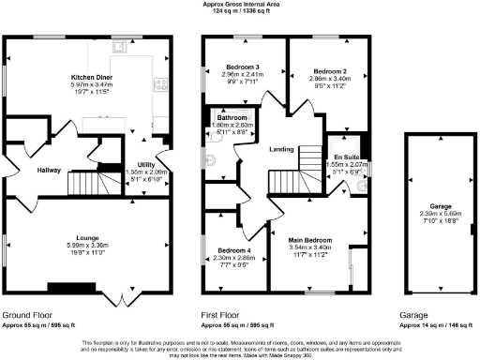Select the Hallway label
(x=22, y=171)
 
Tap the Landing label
(x=281, y=148)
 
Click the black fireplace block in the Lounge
(x=71, y=288)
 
